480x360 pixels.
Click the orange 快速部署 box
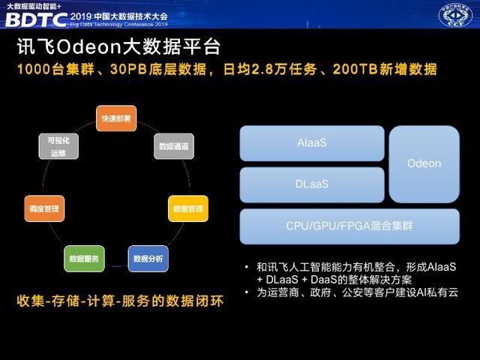point(116,119)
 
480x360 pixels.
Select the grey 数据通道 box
point(174,146)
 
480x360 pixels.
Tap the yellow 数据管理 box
point(187,208)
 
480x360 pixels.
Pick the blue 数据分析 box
point(148,259)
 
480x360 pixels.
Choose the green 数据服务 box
point(84,259)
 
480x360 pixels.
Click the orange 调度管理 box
point(44,208)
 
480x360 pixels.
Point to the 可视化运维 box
point(58,146)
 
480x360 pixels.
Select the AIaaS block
point(311,142)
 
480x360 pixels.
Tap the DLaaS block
point(311,184)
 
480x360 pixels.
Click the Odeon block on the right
point(424,163)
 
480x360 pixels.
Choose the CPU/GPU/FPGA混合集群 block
point(349,226)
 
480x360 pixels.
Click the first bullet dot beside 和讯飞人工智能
point(247,267)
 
